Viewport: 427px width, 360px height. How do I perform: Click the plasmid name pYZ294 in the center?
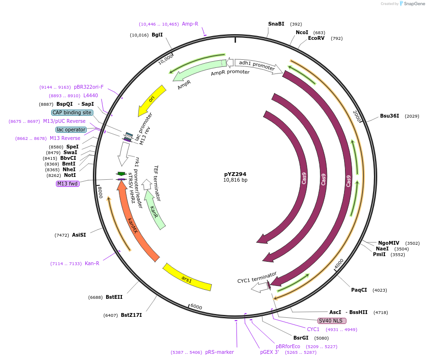(x=235, y=174)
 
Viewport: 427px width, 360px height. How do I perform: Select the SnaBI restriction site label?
(x=276, y=24)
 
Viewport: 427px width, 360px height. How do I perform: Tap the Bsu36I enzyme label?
(x=389, y=116)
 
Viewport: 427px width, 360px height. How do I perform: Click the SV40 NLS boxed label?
(x=332, y=321)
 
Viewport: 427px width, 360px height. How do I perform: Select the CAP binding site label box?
(x=72, y=112)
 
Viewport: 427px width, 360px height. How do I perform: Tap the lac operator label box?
(x=71, y=129)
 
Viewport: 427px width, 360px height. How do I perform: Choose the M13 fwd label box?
(x=67, y=184)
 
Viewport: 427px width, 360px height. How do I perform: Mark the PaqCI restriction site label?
(x=359, y=290)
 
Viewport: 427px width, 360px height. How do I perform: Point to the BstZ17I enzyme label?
(x=131, y=315)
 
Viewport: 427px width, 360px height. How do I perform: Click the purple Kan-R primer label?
(x=92, y=263)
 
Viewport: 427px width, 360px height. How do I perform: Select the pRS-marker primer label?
(x=219, y=352)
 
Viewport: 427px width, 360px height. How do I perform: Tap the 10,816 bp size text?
(x=235, y=180)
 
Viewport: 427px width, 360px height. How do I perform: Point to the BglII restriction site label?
(x=157, y=35)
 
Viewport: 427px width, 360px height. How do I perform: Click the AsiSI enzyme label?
(x=79, y=235)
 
